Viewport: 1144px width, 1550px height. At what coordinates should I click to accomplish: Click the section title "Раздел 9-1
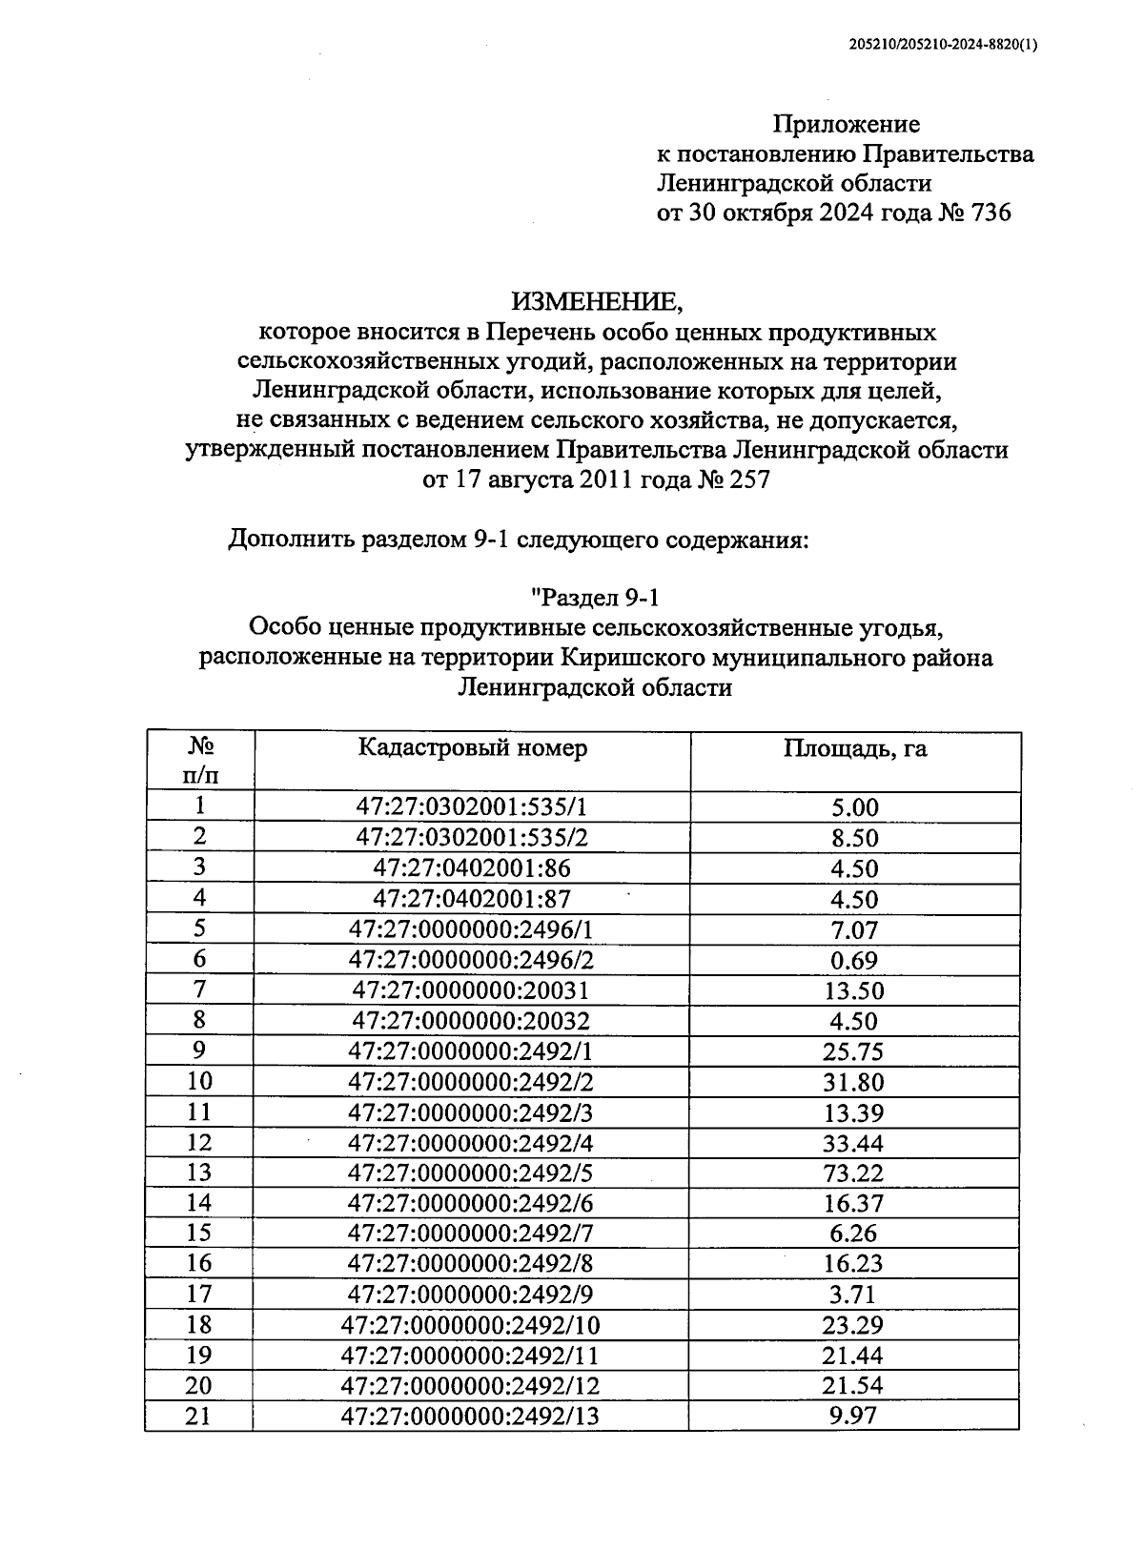596,598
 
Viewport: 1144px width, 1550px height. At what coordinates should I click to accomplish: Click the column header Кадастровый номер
473,748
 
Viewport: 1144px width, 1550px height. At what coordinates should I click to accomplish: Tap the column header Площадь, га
854,749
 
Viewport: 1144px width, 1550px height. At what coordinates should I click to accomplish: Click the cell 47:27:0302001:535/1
471,807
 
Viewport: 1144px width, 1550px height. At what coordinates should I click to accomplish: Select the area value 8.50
854,838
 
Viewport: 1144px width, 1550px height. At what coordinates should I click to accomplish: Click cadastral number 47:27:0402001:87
471,899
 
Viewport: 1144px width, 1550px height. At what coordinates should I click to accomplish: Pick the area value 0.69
854,960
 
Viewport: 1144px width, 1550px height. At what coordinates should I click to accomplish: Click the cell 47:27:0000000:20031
471,990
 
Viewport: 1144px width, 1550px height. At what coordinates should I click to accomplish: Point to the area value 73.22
854,1173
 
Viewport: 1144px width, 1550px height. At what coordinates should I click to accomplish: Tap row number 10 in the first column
199,1081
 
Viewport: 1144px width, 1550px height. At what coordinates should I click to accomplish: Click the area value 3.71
854,1295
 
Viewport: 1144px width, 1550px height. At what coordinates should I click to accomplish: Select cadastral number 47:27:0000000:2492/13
471,1416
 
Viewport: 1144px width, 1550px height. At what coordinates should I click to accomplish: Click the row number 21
198,1416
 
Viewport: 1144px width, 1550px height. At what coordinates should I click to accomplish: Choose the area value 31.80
854,1082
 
